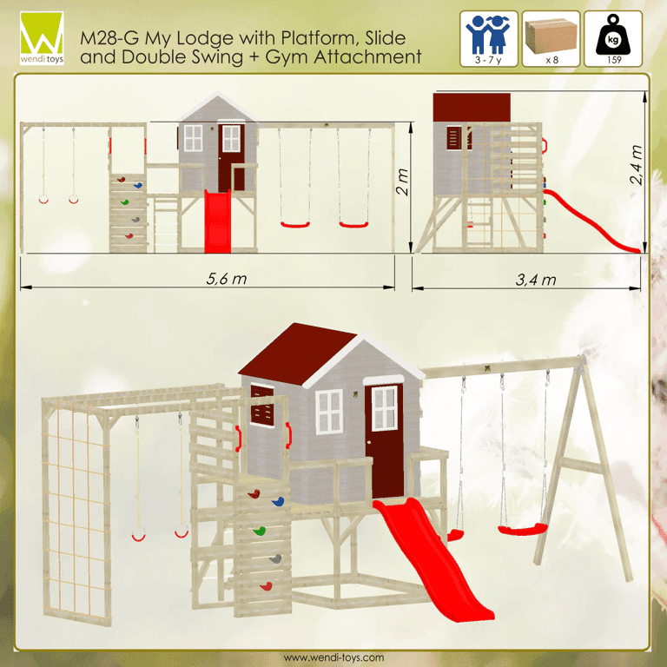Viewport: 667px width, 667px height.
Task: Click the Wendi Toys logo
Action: (42, 38)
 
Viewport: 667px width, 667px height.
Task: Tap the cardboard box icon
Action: (551, 36)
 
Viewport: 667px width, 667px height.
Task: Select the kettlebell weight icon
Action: (613, 35)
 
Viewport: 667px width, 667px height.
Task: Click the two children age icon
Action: (488, 35)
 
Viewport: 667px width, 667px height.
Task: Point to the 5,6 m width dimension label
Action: (227, 279)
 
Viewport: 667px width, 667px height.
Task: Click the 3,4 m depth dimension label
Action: (536, 280)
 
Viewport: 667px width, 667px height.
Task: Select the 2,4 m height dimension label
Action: (636, 165)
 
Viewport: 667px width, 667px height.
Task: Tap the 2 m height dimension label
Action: (402, 182)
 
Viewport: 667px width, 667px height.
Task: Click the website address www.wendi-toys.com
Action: (333, 657)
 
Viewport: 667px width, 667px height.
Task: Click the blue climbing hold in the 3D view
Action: (278, 502)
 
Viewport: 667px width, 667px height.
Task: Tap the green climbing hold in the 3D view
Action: (260, 531)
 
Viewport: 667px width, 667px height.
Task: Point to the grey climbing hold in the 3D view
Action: (275, 559)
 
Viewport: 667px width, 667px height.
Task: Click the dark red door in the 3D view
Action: (384, 441)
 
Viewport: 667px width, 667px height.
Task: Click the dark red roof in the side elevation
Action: (472, 107)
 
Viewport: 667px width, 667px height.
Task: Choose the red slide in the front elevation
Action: (217, 221)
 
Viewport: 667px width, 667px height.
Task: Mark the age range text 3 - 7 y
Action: (488, 60)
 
